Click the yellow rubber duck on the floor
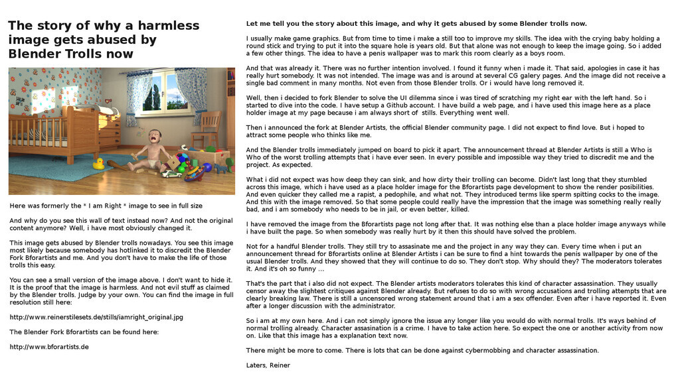(x=98, y=163)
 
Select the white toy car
(x=171, y=174)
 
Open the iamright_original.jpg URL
(x=96, y=317)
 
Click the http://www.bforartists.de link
(x=49, y=347)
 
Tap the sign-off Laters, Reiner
(x=268, y=365)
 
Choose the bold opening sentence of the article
(x=416, y=23)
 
